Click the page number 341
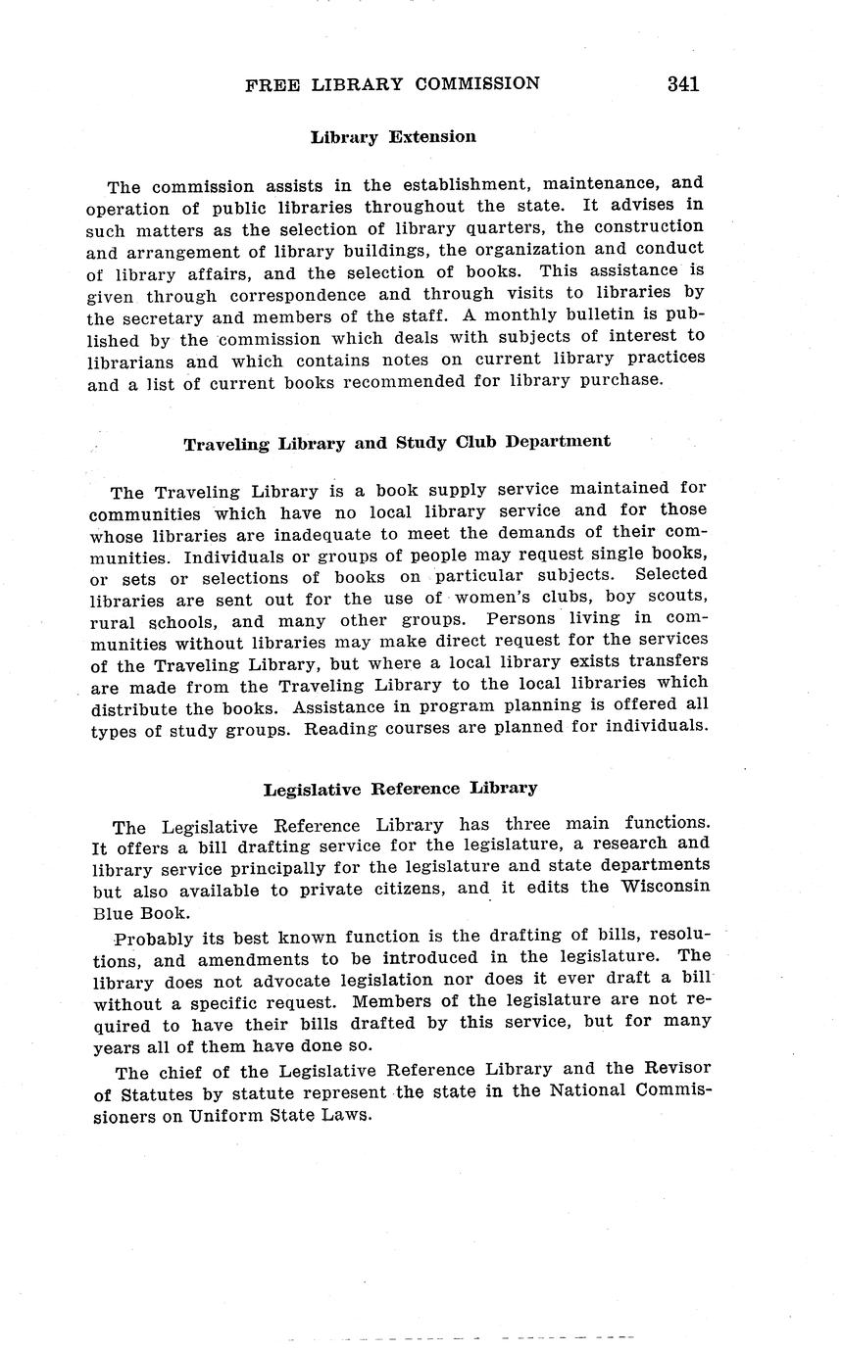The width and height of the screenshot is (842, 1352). (x=683, y=84)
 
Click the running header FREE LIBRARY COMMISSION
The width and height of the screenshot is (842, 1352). (x=392, y=84)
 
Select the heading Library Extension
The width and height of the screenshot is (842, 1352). (x=393, y=137)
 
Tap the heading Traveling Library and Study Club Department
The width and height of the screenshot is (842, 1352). (x=397, y=442)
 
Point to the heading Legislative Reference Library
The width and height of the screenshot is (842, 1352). (x=400, y=789)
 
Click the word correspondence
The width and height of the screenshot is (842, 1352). (x=295, y=294)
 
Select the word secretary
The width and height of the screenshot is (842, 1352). (x=169, y=316)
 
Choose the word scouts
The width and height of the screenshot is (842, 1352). (x=675, y=597)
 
